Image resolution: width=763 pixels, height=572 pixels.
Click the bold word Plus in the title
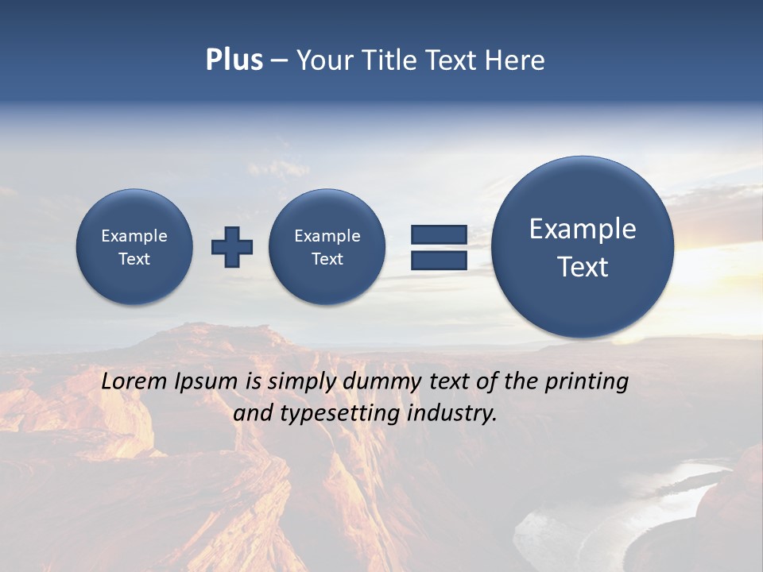pyautogui.click(x=234, y=60)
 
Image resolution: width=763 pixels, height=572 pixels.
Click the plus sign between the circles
pyautogui.click(x=232, y=246)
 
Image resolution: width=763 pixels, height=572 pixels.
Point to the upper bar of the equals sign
pyautogui.click(x=439, y=234)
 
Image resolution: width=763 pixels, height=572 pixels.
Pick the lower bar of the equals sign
pyautogui.click(x=439, y=261)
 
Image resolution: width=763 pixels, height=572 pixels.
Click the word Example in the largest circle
pyautogui.click(x=583, y=229)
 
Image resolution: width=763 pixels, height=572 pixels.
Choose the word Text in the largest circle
pyautogui.click(x=583, y=267)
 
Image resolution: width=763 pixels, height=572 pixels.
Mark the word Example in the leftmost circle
pyautogui.click(x=134, y=236)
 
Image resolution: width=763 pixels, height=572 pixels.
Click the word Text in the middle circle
pyautogui.click(x=327, y=259)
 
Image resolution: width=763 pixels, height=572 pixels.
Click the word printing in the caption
pyautogui.click(x=587, y=382)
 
